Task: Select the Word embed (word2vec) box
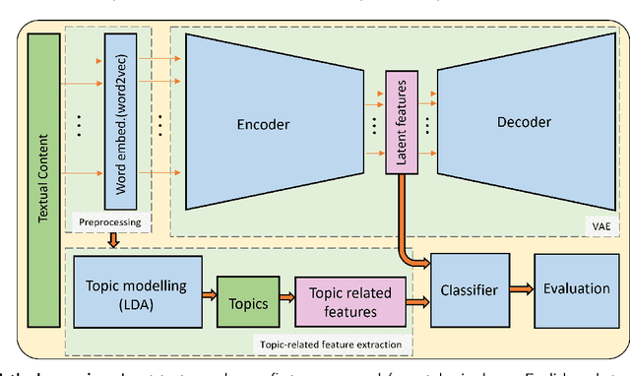tap(118, 119)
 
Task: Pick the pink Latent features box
tap(402, 119)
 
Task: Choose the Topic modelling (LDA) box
tap(138, 292)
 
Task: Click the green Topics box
tap(247, 303)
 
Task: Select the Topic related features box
tap(349, 302)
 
